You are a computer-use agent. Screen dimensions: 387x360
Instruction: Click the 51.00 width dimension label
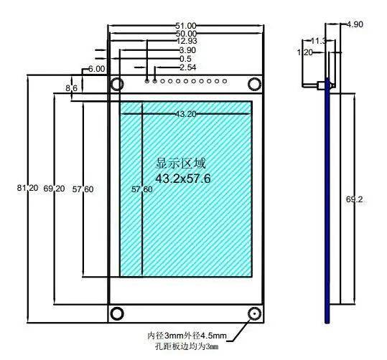coord(186,26)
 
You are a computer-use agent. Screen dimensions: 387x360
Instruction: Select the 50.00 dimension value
coord(187,34)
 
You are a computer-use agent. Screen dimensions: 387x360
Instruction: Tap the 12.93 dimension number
coord(187,41)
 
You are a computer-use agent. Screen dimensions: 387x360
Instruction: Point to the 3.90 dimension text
coord(187,50)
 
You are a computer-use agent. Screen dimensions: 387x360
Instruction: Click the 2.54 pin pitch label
coord(188,67)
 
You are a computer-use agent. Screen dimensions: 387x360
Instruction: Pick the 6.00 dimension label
coord(96,69)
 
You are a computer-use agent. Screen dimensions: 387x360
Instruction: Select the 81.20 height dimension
coord(27,188)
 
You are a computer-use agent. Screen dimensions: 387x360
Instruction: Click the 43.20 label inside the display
coord(186,114)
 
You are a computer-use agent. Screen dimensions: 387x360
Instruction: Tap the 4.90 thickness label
coord(355,24)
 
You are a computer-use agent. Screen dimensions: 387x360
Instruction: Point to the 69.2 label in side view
coord(355,199)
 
